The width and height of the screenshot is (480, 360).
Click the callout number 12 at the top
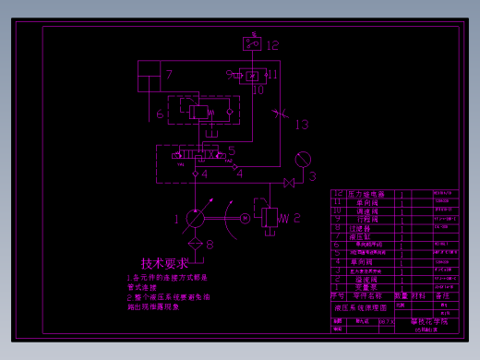pos(272,43)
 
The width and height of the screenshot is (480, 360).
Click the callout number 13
pos(302,125)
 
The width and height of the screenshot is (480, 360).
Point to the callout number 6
pos(160,114)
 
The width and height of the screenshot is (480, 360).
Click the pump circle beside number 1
pos(197,218)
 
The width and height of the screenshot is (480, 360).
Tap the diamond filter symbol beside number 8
pos(196,244)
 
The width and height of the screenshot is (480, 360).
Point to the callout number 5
pos(232,150)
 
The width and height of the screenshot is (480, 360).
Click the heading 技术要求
pos(164,264)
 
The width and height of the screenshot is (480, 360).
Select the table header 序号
pos(339,295)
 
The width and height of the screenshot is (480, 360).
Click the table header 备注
pos(443,295)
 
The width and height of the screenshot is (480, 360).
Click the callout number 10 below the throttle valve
pos(258,90)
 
